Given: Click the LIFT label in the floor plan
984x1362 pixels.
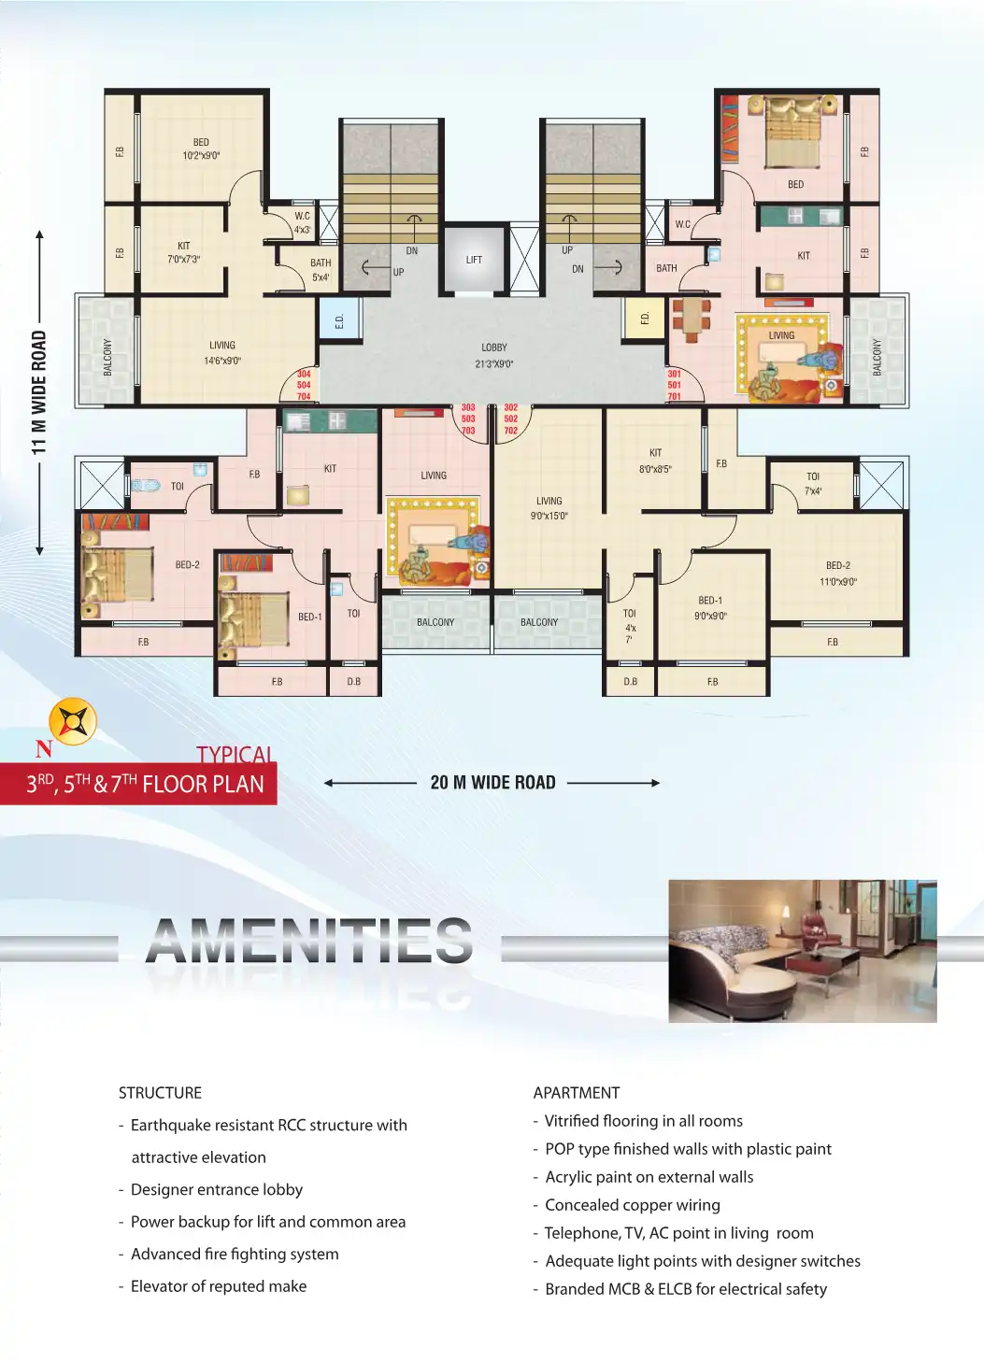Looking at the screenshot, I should click(x=474, y=260).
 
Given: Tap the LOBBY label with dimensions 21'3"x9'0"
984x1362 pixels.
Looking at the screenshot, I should click(x=493, y=356).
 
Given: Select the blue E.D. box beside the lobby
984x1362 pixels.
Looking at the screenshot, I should click(x=339, y=320).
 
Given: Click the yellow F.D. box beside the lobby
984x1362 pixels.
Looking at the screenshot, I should click(x=644, y=319).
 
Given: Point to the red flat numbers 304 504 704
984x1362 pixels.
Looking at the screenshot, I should click(x=304, y=385).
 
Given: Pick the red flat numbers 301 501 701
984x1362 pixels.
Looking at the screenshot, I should click(x=674, y=385).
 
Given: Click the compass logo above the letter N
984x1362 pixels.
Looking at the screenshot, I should click(x=72, y=721).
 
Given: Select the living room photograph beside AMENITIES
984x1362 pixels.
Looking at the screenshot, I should click(x=802, y=950).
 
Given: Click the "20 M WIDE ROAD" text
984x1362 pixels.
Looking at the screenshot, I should click(x=492, y=783).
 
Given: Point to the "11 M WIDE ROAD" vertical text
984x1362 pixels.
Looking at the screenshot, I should click(x=39, y=392).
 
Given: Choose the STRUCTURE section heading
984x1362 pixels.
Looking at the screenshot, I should click(x=160, y=1093).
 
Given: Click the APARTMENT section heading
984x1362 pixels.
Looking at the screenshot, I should click(x=576, y=1093).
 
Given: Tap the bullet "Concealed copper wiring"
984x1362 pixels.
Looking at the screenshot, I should click(x=632, y=1205).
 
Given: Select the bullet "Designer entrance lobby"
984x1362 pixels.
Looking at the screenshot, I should click(x=216, y=1189).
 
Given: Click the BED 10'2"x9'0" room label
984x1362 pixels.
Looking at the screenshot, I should click(x=201, y=149).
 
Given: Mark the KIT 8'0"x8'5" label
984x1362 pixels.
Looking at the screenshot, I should click(x=655, y=461).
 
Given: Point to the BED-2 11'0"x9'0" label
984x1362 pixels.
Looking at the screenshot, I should click(x=838, y=574).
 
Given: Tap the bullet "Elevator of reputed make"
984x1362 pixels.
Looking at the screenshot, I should click(x=218, y=1286).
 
